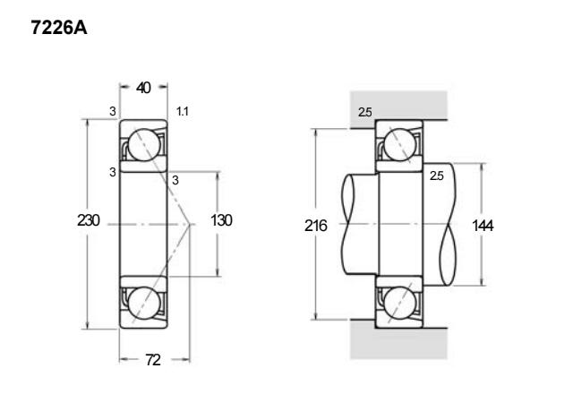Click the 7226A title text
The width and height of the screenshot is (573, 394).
pyautogui.click(x=59, y=28)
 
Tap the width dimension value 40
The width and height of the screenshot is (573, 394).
pyautogui.click(x=143, y=88)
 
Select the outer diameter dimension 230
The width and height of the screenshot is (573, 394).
pyautogui.click(x=88, y=220)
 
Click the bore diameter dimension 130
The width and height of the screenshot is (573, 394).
pyautogui.click(x=221, y=220)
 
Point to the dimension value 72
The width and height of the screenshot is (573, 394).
pyautogui.click(x=153, y=360)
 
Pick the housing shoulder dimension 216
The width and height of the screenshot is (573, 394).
pyautogui.click(x=316, y=226)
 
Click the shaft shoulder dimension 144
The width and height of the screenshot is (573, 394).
pyautogui.click(x=483, y=226)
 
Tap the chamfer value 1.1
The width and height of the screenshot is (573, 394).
pyautogui.click(x=183, y=111)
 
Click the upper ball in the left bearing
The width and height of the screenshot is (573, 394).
pyautogui.click(x=144, y=145)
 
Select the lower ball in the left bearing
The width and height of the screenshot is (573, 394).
pyautogui.click(x=144, y=303)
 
